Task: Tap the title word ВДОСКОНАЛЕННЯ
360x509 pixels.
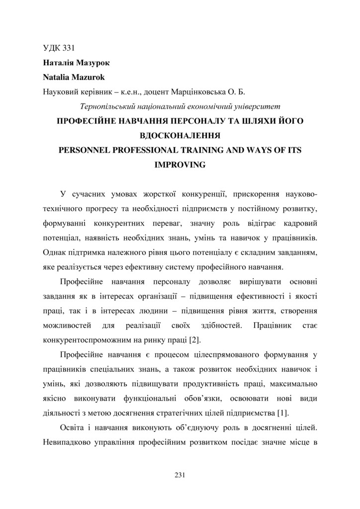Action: [x=180, y=136]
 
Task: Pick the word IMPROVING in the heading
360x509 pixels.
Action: [x=180, y=165]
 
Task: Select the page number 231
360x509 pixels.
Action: [x=180, y=476]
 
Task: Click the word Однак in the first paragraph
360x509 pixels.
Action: [x=54, y=253]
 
